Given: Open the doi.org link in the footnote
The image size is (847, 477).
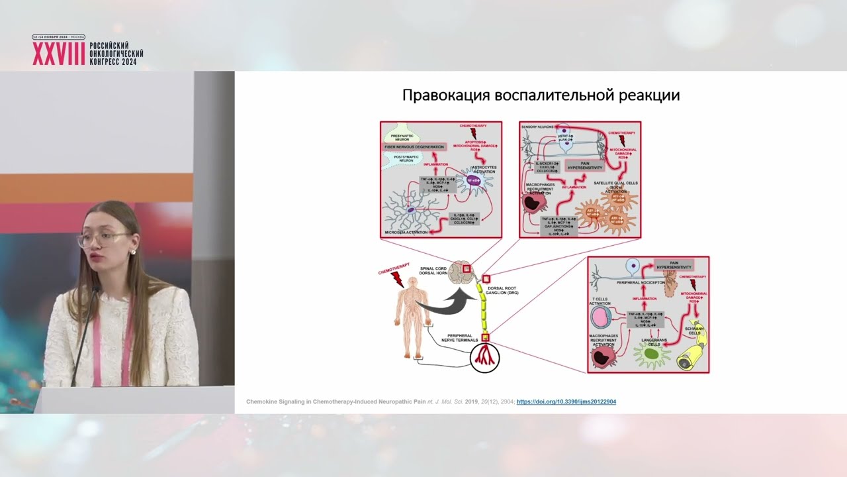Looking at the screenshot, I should click(x=566, y=401).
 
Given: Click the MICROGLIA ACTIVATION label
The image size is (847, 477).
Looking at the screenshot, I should click(x=406, y=233).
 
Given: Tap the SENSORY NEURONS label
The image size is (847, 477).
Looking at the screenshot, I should click(x=537, y=126).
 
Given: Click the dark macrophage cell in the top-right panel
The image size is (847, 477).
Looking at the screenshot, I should click(x=534, y=203).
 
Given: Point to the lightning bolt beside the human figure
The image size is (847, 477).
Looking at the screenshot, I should click(x=397, y=278).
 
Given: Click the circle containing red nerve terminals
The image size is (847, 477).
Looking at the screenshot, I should click(x=484, y=358).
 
